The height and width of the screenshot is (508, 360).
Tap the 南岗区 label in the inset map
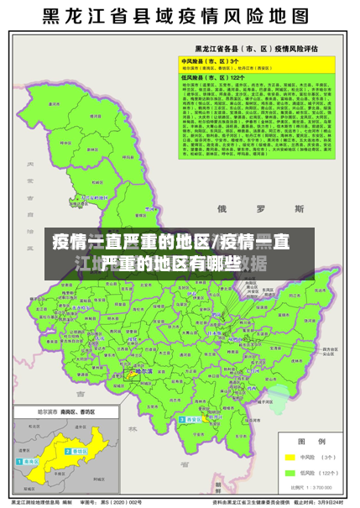[x=31, y=463]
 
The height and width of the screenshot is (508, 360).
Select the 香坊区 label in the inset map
[x=81, y=452]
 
